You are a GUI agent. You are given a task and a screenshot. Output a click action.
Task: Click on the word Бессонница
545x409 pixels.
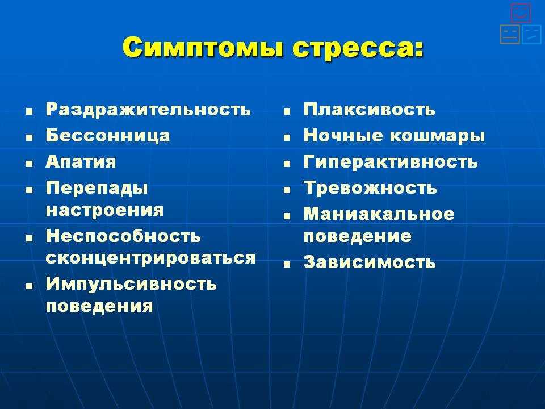[108, 136]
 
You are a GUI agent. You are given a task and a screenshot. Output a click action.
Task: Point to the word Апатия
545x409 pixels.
[81, 162]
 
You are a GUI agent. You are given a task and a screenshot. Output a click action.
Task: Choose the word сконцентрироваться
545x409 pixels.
[150, 258]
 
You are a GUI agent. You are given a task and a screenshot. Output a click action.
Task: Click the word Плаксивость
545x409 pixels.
[369, 110]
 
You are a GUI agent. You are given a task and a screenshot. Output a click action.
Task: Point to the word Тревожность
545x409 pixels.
[370, 188]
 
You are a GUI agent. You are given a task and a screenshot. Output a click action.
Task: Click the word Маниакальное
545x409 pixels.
[379, 214]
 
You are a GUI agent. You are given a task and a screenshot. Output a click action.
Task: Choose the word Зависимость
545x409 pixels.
[370, 262]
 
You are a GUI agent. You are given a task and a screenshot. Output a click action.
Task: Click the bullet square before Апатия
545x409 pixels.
[29, 164]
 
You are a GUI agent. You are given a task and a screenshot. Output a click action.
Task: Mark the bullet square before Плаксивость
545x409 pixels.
[287, 112]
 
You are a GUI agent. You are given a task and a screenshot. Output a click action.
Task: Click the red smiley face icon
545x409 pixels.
[521, 12]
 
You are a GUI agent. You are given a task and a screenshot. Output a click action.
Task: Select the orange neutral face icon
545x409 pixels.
[510, 34]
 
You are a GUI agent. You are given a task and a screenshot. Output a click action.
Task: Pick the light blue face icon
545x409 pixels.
[532, 34]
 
